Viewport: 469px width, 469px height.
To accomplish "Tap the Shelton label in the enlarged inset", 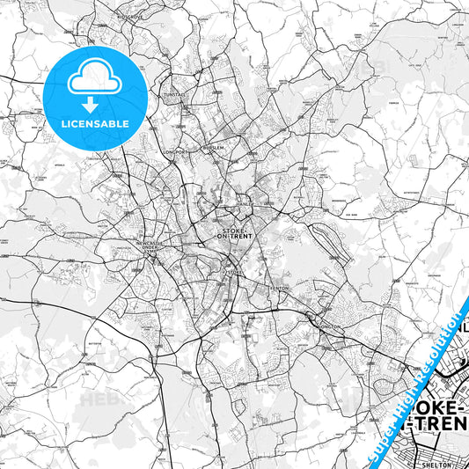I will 435,463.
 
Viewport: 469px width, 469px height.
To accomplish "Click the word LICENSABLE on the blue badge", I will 96,123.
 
